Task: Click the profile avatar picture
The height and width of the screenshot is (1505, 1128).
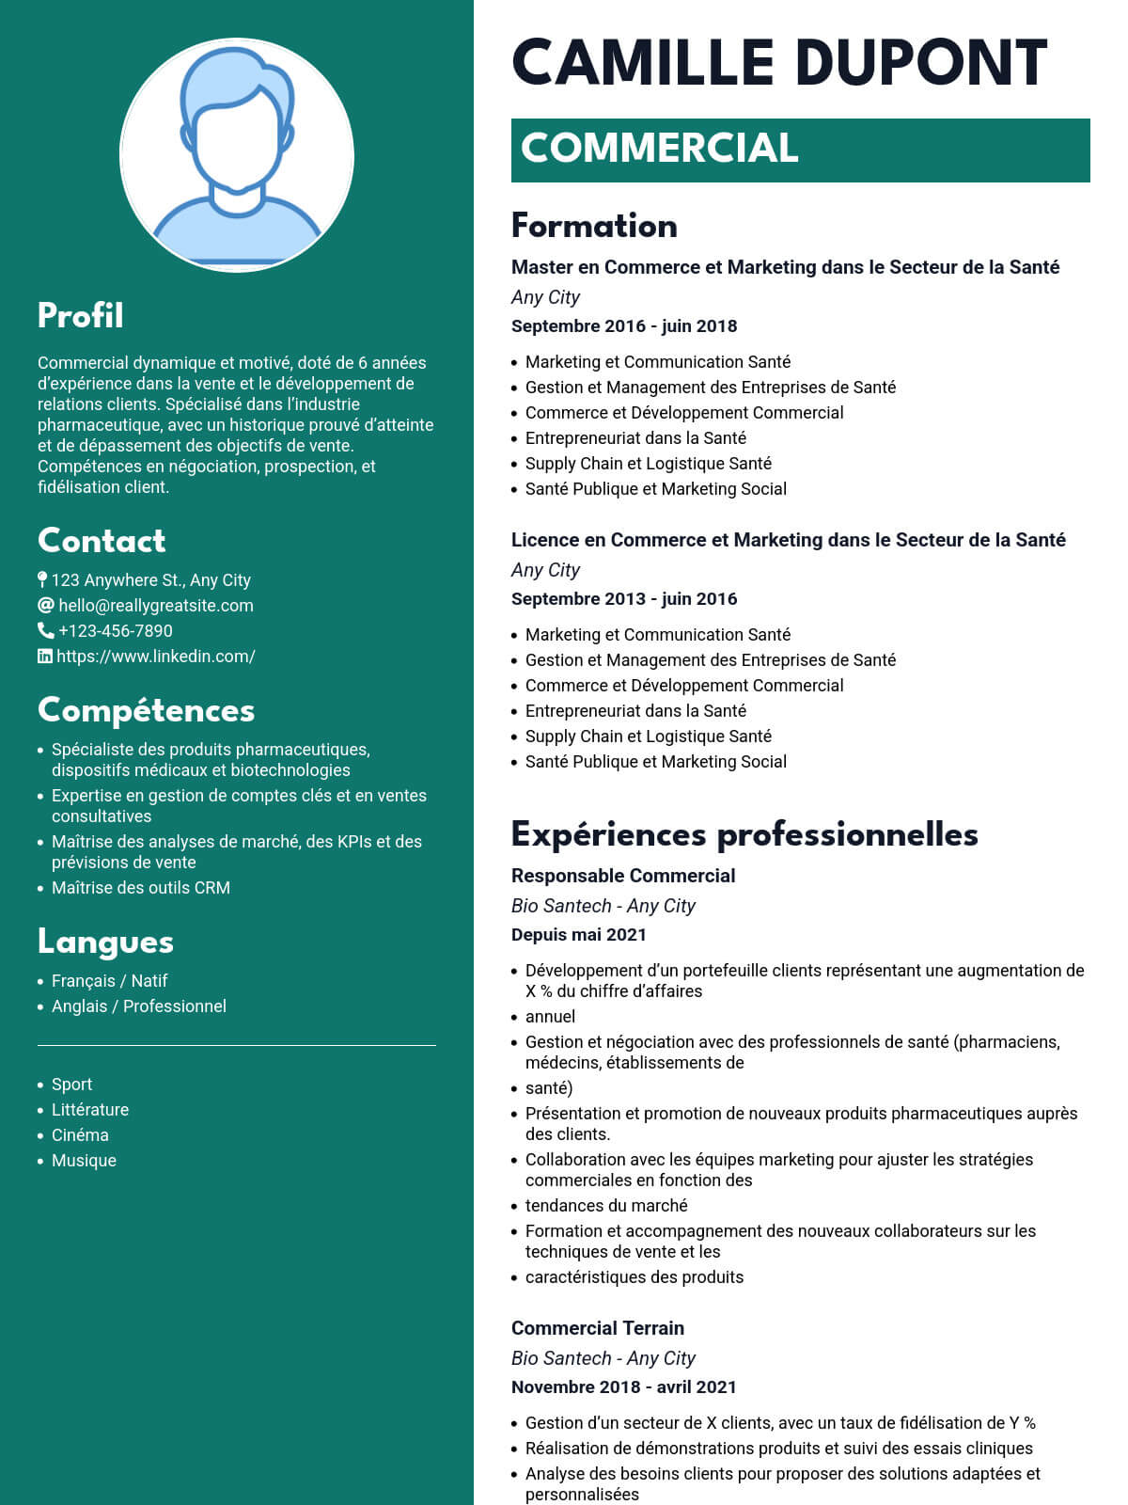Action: coord(237,155)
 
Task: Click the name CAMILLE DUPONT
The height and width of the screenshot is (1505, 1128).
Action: coord(779,64)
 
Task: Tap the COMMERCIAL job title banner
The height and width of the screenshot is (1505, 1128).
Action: coord(800,150)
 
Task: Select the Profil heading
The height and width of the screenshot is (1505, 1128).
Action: coord(81,316)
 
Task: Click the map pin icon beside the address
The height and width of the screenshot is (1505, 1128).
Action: coord(42,579)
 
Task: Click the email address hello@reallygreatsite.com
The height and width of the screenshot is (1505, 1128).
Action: coord(156,606)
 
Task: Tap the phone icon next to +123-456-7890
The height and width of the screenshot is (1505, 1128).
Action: coord(45,630)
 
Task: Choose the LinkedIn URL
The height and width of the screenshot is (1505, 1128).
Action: coord(156,657)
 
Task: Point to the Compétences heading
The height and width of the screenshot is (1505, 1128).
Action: coord(146,710)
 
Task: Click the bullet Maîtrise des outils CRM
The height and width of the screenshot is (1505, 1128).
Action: coord(141,888)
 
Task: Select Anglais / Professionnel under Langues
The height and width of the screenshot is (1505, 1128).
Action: coord(139,1006)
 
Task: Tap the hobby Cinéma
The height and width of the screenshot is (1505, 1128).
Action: coord(80,1135)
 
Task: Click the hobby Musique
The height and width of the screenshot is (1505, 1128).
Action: coord(84,1161)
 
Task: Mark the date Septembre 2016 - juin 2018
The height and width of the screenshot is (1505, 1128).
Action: coord(624,326)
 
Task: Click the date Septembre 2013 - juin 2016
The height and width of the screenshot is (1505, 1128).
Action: coord(624,599)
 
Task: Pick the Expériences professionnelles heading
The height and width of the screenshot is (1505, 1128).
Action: coord(744,834)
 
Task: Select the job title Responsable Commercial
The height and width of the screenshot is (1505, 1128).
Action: coord(623,876)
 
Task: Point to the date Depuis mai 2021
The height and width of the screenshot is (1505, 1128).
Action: coord(579,935)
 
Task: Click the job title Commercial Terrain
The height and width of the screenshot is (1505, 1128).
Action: coord(598,1328)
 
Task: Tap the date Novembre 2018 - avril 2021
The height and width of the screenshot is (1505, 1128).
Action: coord(624,1387)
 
